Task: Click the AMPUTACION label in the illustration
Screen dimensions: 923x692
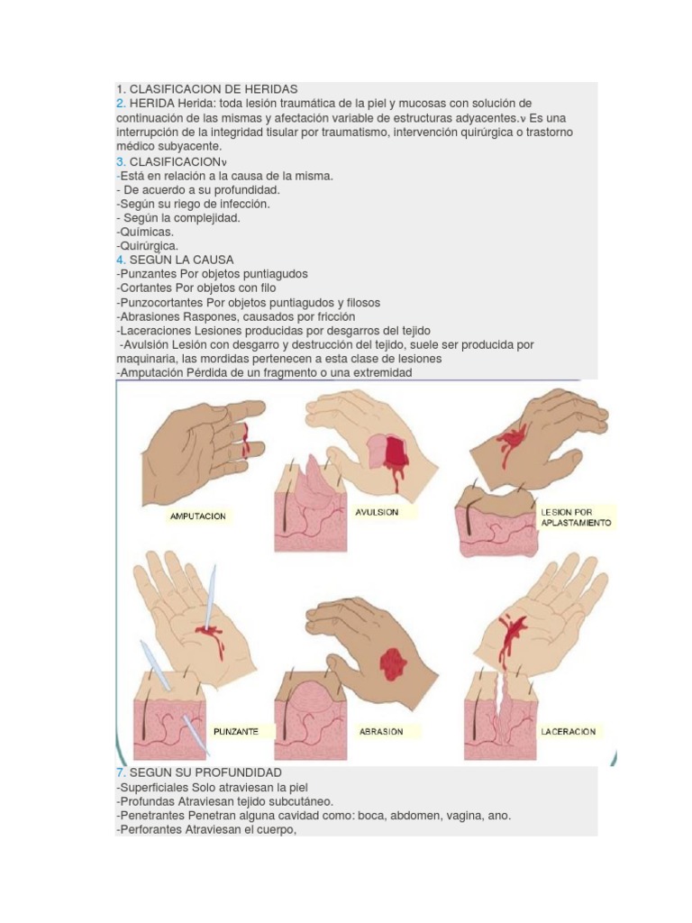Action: pos(198,516)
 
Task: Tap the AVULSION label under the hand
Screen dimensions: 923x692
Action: pos(378,511)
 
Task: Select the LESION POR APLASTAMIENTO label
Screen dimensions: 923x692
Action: pos(576,516)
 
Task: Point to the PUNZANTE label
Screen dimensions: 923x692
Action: pos(236,731)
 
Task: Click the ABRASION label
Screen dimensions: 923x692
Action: pos(381,731)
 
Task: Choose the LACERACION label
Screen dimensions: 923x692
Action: pos(569,731)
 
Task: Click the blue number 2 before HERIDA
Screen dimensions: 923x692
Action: pos(120,104)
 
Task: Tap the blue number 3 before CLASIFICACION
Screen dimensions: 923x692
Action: pos(120,162)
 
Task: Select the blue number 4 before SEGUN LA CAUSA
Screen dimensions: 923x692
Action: pos(120,260)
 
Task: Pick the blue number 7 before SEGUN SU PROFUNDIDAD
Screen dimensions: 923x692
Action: pos(120,772)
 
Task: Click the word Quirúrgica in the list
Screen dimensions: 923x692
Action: pos(148,245)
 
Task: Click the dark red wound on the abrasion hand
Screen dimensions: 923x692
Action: pos(394,665)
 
